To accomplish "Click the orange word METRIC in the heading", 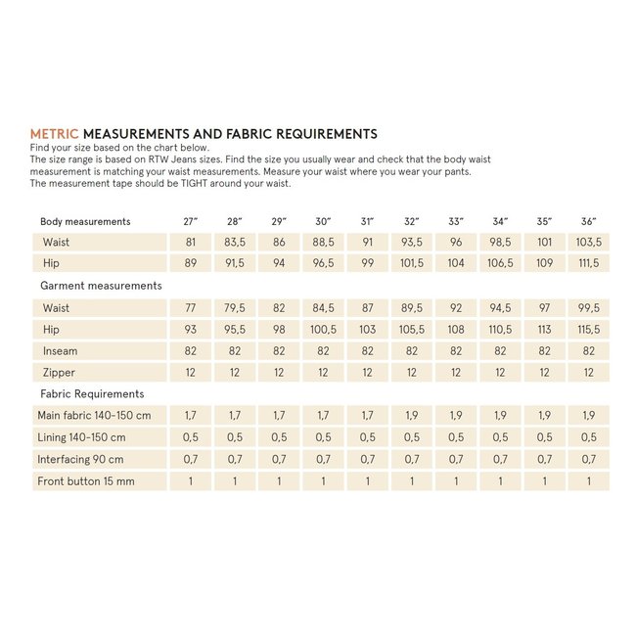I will pos(55,133).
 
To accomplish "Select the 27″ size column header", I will pos(190,222).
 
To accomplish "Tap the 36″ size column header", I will pos(587,222).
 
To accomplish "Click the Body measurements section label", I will pos(85,222).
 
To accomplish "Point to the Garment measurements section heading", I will pos(101,286).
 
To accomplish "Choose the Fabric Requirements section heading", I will pos(92,394).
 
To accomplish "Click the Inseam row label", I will pos(60,351).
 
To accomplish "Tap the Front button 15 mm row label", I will pos(86,481).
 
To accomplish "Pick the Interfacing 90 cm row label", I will pos(81,459).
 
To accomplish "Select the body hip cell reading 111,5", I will pos(587,263).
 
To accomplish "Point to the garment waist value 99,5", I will pos(587,308).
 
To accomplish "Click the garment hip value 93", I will pos(190,330).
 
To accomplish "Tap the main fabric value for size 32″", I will pos(411,416).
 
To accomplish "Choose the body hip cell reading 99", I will pos(367,263).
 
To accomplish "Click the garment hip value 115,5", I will pos(587,330).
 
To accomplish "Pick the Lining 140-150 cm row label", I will pos(81,437).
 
